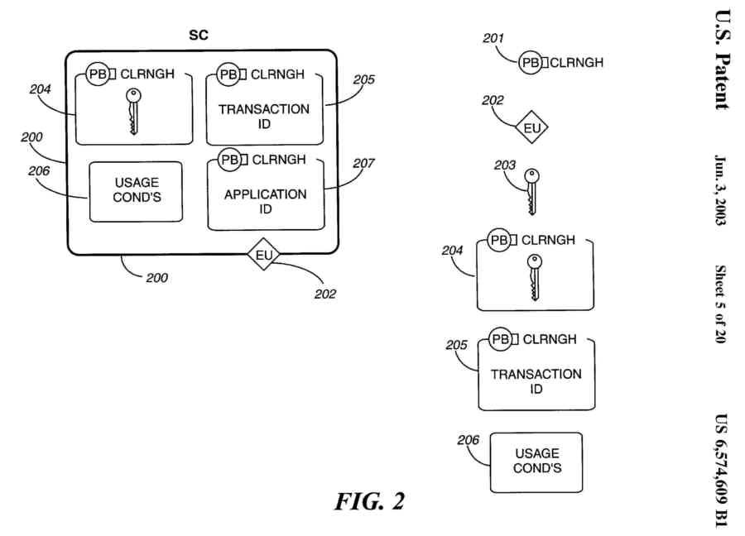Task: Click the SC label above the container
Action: tap(199, 35)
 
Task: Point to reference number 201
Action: tap(493, 38)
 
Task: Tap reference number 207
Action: tap(363, 164)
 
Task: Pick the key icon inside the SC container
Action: tap(132, 112)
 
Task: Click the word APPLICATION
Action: tap(265, 194)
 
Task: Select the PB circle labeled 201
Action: tap(531, 62)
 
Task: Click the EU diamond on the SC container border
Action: tap(264, 256)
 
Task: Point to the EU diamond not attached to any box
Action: tap(531, 128)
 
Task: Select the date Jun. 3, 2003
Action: tap(722, 191)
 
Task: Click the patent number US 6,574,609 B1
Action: tap(722, 467)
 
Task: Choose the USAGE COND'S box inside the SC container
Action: tap(136, 191)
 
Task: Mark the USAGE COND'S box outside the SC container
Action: tap(536, 461)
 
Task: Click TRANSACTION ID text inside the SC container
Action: tap(264, 117)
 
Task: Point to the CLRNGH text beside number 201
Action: tap(577, 62)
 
